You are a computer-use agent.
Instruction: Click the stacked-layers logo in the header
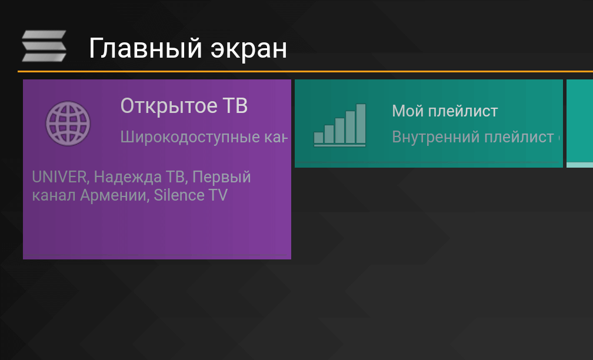click(x=44, y=46)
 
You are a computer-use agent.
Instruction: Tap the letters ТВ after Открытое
click(x=234, y=106)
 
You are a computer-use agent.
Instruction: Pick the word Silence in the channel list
click(x=175, y=195)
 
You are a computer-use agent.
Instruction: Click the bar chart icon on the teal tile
click(x=340, y=125)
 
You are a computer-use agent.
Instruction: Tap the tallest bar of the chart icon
click(x=361, y=124)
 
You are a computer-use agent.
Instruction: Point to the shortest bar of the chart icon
click(x=319, y=138)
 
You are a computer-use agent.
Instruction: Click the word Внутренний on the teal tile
click(x=435, y=138)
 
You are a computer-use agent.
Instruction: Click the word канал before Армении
click(x=54, y=195)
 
